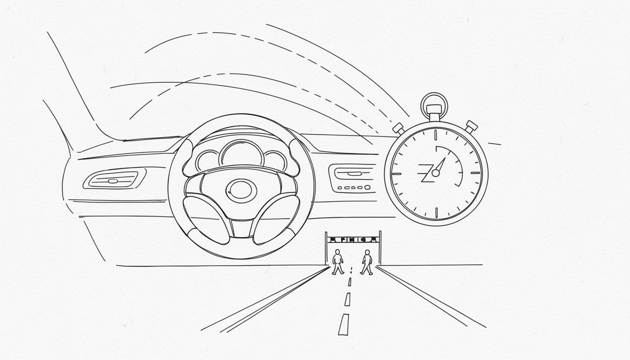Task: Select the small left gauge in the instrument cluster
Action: [x=208, y=161]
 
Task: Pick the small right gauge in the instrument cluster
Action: [x=275, y=160]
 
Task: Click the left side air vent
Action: [x=112, y=180]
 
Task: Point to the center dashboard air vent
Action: [x=354, y=172]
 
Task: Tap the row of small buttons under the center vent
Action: [x=354, y=187]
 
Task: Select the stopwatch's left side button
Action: [x=398, y=127]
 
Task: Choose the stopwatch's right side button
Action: [x=471, y=126]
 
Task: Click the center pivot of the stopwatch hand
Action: [x=435, y=173]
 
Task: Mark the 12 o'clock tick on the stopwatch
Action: [x=435, y=135]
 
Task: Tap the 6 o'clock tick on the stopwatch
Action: [x=436, y=212]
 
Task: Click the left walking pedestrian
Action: [x=337, y=262]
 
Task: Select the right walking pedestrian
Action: [x=367, y=262]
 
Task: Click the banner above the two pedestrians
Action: [x=352, y=240]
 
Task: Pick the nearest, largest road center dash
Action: [x=344, y=324]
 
